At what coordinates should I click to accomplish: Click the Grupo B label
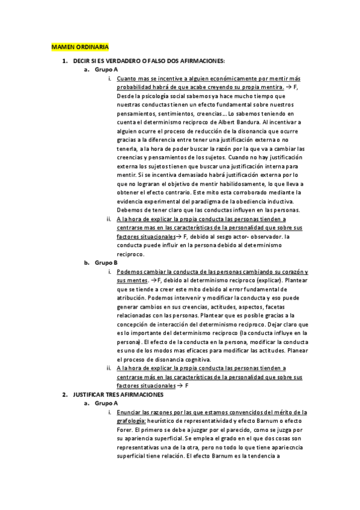click(106, 263)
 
